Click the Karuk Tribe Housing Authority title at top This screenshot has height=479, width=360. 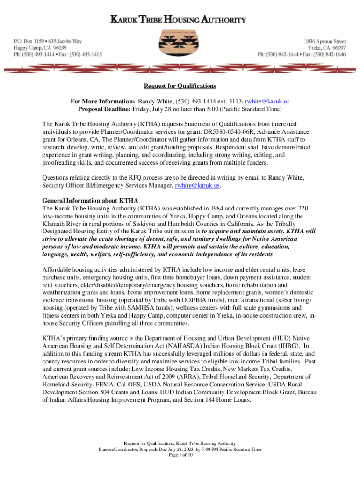(x=180, y=20)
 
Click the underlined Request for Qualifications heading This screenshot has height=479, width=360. (x=180, y=86)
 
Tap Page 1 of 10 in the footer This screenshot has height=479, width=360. (x=180, y=455)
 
